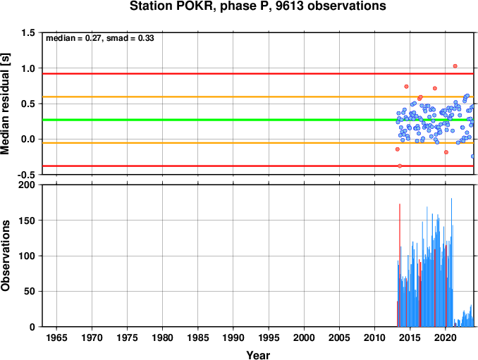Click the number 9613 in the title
click(x=289, y=6)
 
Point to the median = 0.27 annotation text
click(x=73, y=38)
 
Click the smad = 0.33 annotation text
click(x=130, y=38)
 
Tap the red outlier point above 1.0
click(x=455, y=66)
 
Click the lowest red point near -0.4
click(x=400, y=166)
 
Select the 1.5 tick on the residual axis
click(x=28, y=32)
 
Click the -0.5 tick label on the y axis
click(x=26, y=175)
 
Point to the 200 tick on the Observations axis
click(x=27, y=185)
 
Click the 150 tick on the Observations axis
click(x=27, y=221)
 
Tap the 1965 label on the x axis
click(x=56, y=337)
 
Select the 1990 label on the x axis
click(x=233, y=337)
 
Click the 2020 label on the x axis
click(x=446, y=337)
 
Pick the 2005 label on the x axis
click(x=339, y=337)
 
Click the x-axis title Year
click(x=258, y=355)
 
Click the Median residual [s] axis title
click(x=5, y=104)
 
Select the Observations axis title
click(x=5, y=256)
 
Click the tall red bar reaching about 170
click(x=400, y=266)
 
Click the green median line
click(x=258, y=120)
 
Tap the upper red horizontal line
click(x=258, y=74)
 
